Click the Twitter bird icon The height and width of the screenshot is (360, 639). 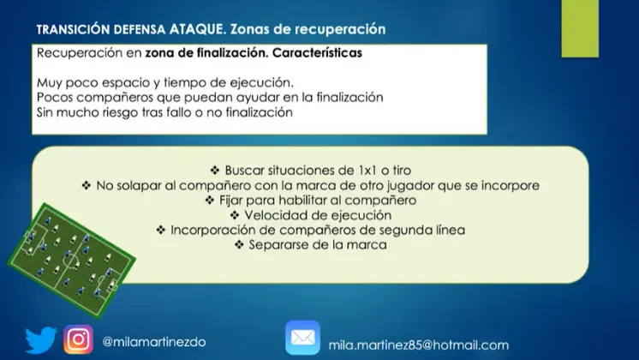[x=41, y=339]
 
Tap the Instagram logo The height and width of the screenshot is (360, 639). [x=78, y=339]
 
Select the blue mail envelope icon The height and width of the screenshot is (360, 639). [x=302, y=338]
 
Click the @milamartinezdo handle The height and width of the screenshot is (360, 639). [x=154, y=342]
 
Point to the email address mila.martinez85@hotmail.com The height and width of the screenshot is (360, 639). [x=419, y=345]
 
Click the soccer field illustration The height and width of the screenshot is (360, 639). [x=71, y=260]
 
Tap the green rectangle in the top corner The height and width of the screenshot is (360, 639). [x=580, y=28]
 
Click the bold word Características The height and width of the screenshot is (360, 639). [x=317, y=53]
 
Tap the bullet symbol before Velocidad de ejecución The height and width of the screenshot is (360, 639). [x=235, y=215]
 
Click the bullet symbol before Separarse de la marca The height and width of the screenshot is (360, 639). [x=239, y=244]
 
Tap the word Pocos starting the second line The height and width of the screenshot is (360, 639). [x=55, y=98]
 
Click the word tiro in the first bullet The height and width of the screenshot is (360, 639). [x=402, y=170]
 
